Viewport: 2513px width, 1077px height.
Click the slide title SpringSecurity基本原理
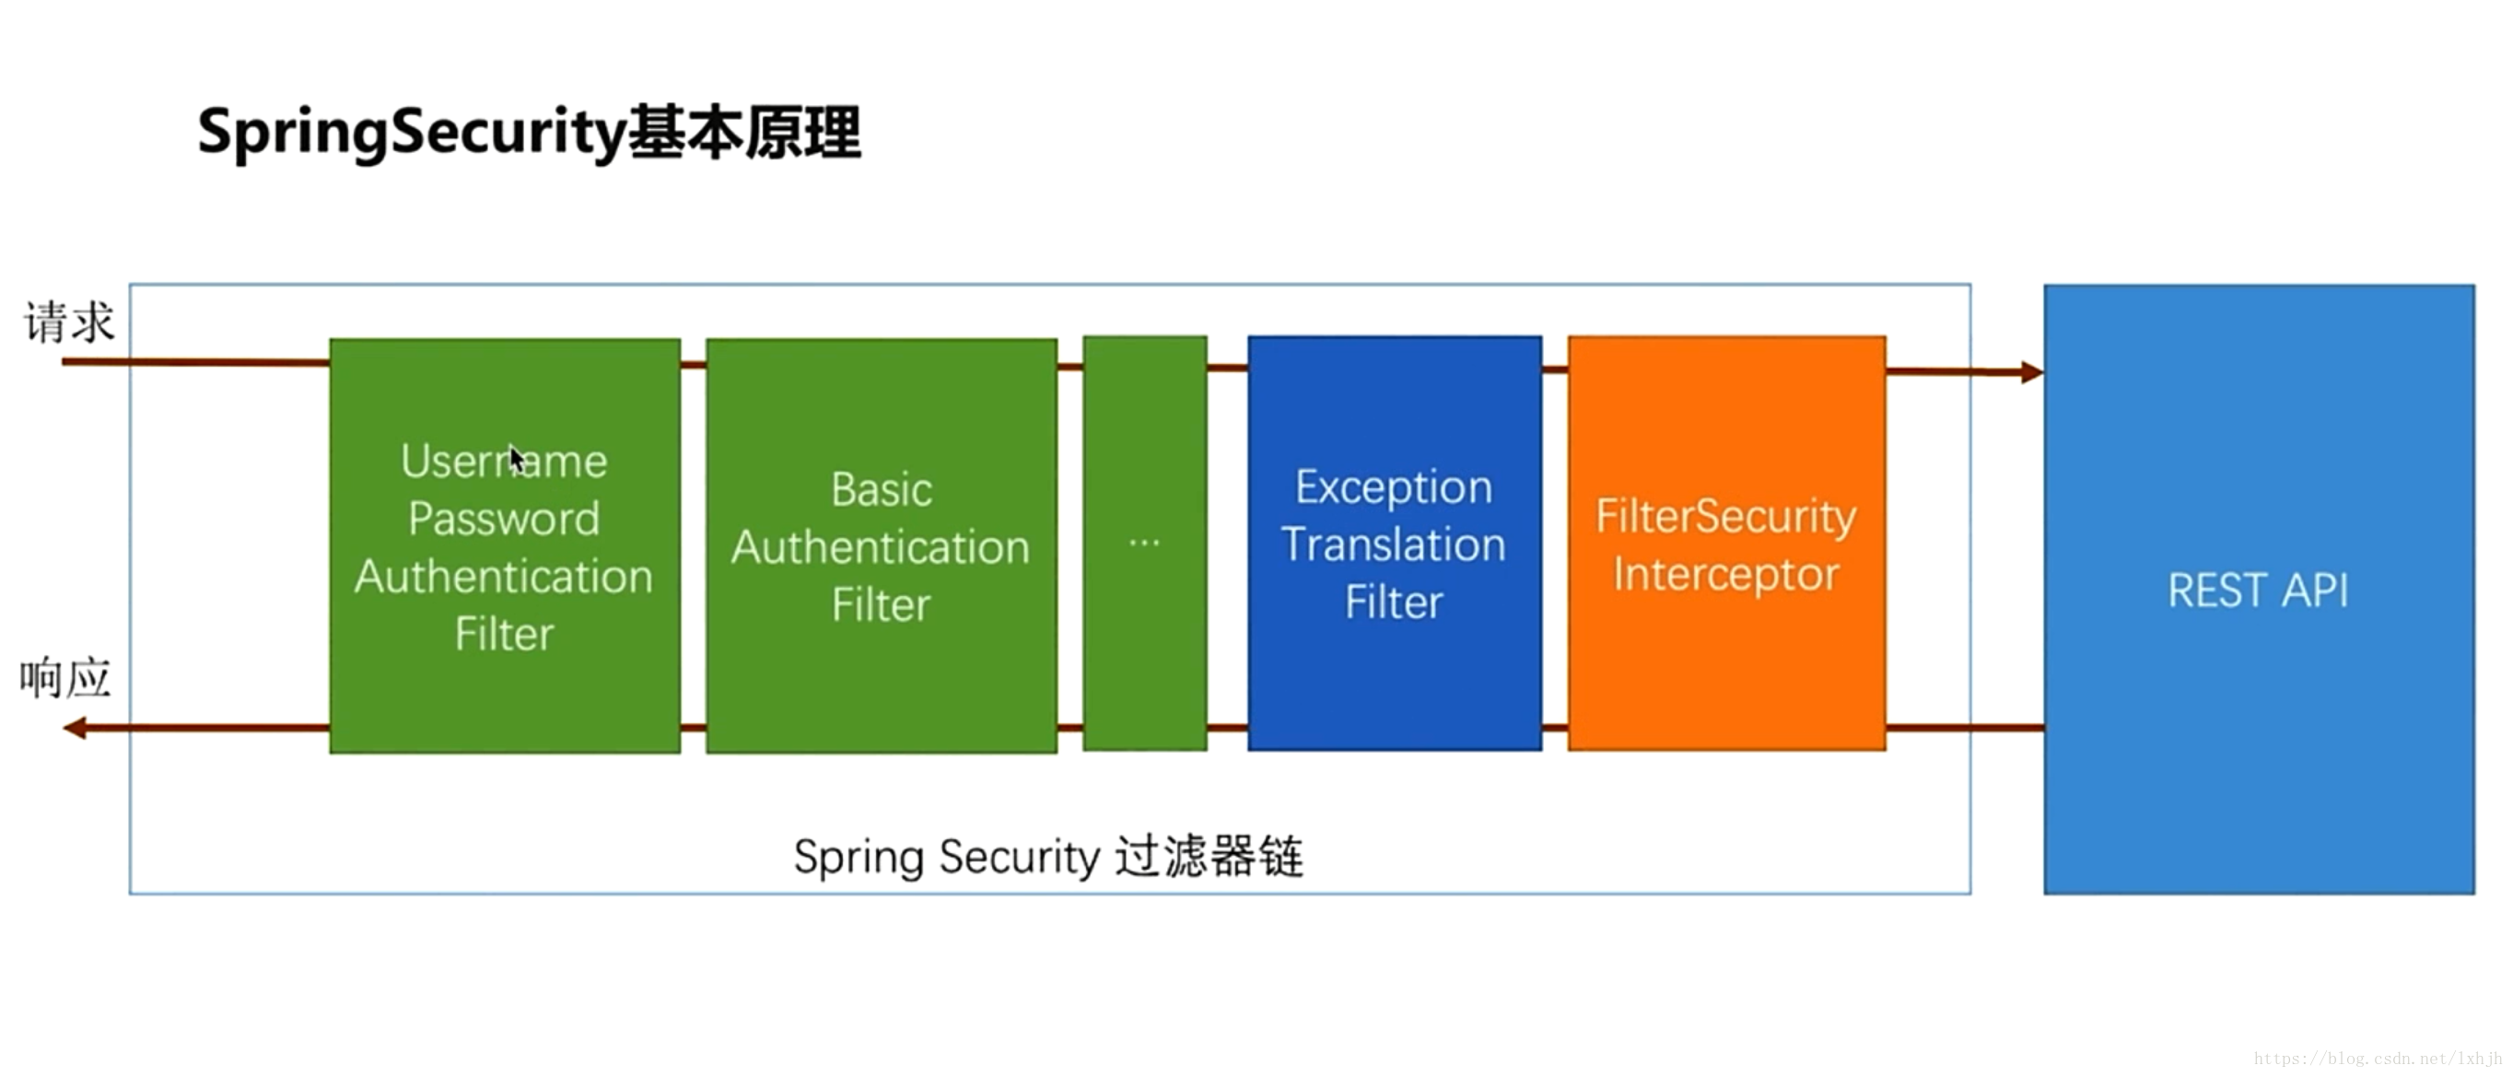pos(529,133)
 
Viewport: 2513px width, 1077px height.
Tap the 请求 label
pos(69,322)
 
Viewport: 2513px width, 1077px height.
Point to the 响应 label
pos(65,678)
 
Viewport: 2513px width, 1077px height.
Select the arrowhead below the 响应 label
pos(74,728)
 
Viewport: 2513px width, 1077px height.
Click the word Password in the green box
pos(503,518)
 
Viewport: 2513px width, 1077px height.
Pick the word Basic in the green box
pos(881,490)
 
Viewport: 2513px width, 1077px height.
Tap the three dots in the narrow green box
pos(1144,543)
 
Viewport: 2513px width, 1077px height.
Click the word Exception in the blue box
pos(1393,486)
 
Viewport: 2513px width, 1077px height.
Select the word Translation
pos(1393,544)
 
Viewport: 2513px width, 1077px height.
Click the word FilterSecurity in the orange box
pos(1724,516)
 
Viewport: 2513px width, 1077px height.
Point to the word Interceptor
pos(1724,574)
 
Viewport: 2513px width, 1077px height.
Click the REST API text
pos(2258,591)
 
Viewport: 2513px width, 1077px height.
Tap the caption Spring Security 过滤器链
pos(1047,858)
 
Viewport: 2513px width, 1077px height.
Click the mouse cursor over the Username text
pos(515,458)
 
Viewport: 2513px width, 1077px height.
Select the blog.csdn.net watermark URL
pos(2378,1059)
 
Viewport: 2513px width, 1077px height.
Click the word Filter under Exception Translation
pos(1393,602)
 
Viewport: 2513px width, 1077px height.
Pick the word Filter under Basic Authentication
pos(881,605)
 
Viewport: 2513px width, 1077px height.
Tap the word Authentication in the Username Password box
pos(503,577)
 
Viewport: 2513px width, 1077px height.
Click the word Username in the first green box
pos(503,462)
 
